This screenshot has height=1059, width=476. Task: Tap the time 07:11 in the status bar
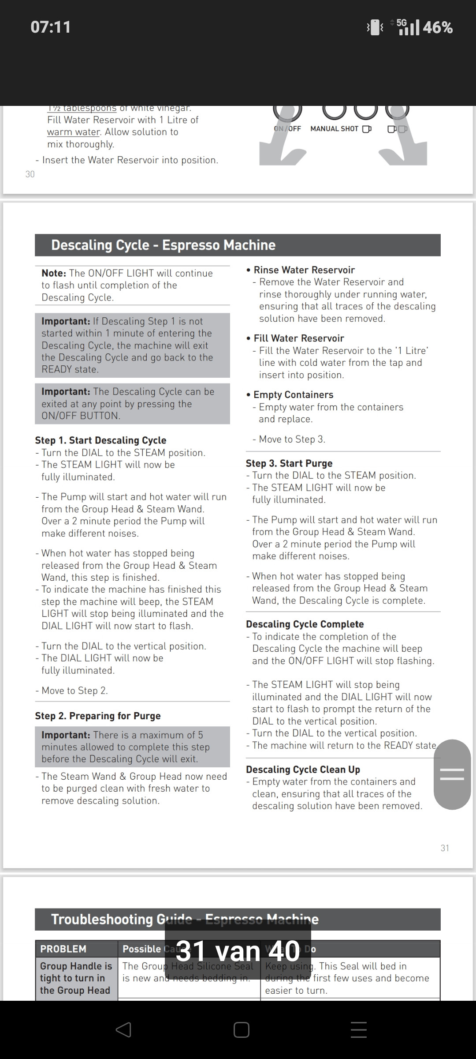pos(51,27)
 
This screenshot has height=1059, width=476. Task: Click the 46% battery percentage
pos(438,28)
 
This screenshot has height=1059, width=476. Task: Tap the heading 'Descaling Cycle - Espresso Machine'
pos(163,245)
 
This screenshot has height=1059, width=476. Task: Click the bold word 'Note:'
pos(54,273)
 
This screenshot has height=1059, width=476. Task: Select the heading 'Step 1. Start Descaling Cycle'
pos(100,440)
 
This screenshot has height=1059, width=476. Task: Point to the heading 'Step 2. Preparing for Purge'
pos(98,716)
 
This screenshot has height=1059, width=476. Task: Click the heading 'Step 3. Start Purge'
pos(289,463)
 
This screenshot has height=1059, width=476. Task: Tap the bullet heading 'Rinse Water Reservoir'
pos(304,270)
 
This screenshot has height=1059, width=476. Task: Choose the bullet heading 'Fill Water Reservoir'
pos(299,338)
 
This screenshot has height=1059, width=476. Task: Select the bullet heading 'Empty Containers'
pos(293,394)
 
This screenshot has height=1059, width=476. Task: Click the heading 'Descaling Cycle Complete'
pos(305,624)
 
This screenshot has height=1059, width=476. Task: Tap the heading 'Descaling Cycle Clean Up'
pos(303,770)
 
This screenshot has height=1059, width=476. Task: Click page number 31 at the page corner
pos(445,848)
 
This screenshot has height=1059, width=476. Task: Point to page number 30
pos(30,174)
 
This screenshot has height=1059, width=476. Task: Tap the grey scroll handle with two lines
pos(452,774)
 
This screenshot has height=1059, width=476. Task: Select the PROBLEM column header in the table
pos(63,949)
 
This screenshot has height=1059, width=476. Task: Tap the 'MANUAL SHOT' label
pos(334,129)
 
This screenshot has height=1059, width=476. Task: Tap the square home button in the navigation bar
pos(242,1030)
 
